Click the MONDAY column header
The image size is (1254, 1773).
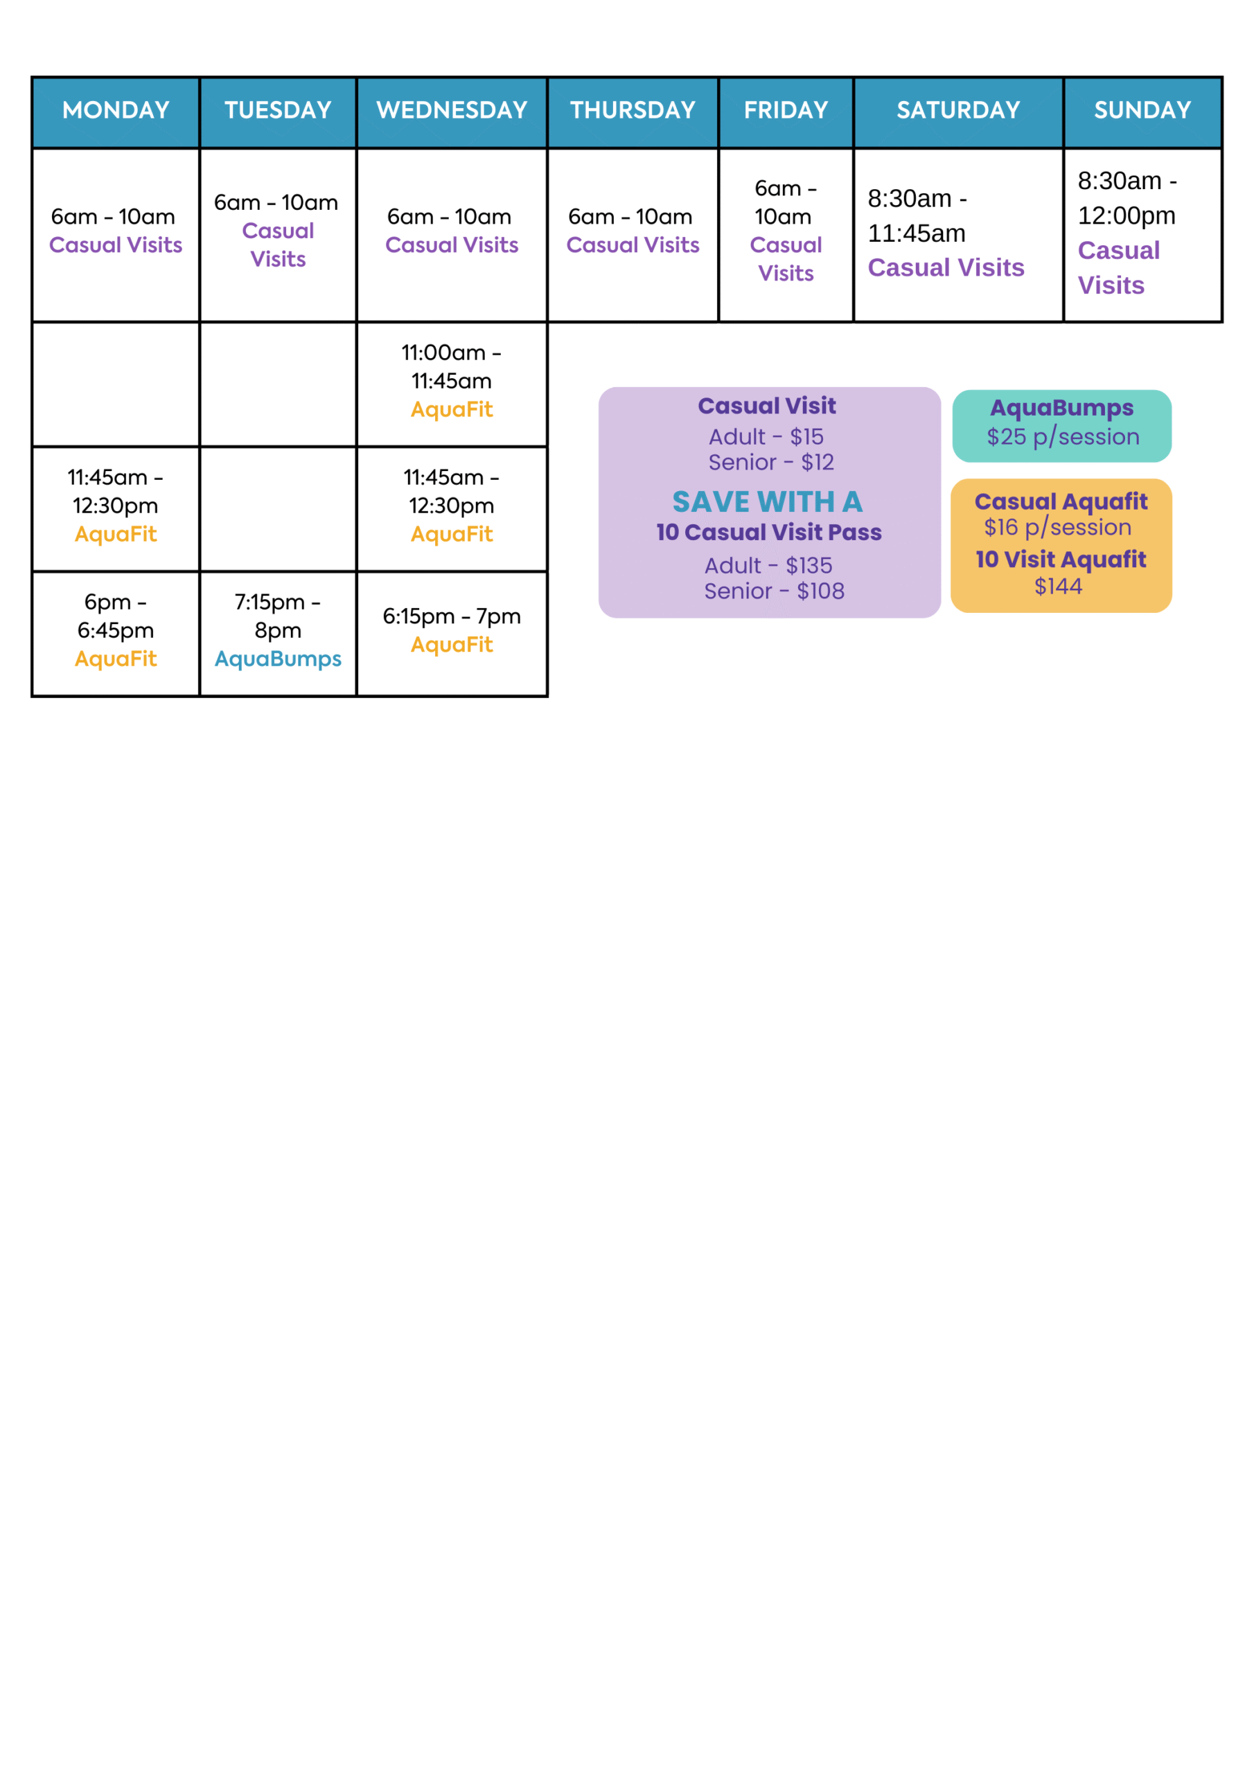click(116, 110)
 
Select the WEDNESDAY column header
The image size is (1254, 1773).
click(452, 110)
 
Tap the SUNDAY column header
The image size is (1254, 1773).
click(1142, 110)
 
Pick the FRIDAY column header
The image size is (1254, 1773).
click(786, 110)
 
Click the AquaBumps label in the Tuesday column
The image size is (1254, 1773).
click(278, 659)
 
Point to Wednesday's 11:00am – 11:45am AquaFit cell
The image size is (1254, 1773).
click(452, 384)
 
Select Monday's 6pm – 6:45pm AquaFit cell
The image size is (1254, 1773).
click(116, 634)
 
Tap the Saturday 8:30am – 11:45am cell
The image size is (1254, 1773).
click(958, 235)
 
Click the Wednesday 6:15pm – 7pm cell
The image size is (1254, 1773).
click(452, 634)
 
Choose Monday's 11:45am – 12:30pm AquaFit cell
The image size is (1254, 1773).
click(116, 509)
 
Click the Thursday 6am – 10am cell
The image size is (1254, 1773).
click(633, 235)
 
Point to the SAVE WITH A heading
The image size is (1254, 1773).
click(767, 502)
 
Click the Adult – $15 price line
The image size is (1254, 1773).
click(766, 437)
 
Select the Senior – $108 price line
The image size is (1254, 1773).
click(774, 591)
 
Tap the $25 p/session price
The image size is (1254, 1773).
click(1062, 437)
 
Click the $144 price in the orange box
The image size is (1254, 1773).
click(1059, 587)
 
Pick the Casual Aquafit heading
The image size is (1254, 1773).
click(1061, 502)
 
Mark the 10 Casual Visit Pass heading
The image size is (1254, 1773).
click(769, 532)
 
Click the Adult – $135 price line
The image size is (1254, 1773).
click(769, 566)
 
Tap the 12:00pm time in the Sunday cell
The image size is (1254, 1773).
click(1127, 216)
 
